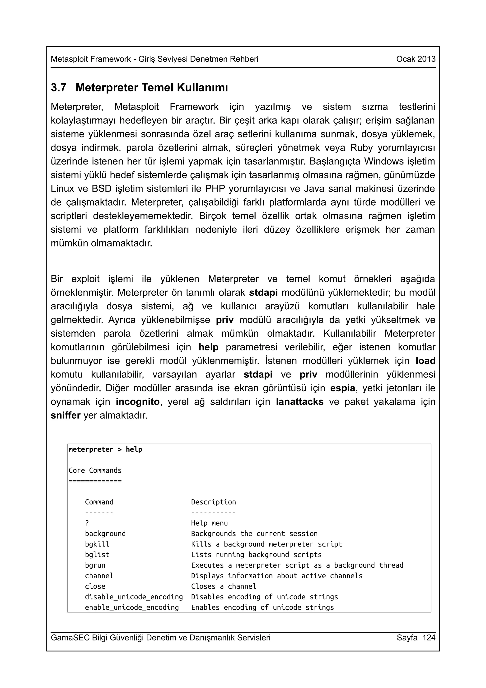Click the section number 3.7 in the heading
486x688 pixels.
point(58,88)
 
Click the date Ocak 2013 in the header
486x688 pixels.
point(416,59)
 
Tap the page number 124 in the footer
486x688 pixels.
point(429,637)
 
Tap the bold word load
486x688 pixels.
point(425,361)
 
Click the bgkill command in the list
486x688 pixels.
point(97,544)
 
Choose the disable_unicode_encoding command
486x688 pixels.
point(134,597)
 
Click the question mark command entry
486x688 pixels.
point(87,523)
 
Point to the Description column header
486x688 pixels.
point(213,502)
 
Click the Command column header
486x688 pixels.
point(99,502)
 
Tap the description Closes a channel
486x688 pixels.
point(223,586)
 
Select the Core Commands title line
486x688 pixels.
point(95,471)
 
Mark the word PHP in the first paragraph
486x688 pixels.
point(215,189)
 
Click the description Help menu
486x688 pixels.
point(209,523)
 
